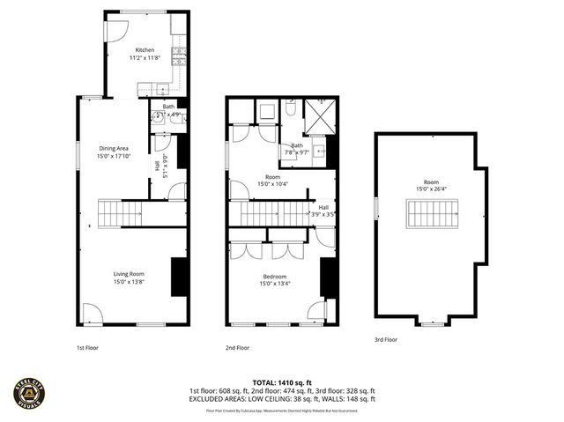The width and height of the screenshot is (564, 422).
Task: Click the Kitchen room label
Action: pyautogui.click(x=145, y=50)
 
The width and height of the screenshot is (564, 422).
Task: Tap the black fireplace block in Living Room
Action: pyautogui.click(x=177, y=278)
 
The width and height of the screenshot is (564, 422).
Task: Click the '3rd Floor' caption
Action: pyautogui.click(x=385, y=339)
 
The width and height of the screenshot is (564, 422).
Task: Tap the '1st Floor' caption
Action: pyautogui.click(x=86, y=348)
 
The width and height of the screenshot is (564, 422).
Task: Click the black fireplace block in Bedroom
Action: pyautogui.click(x=326, y=278)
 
